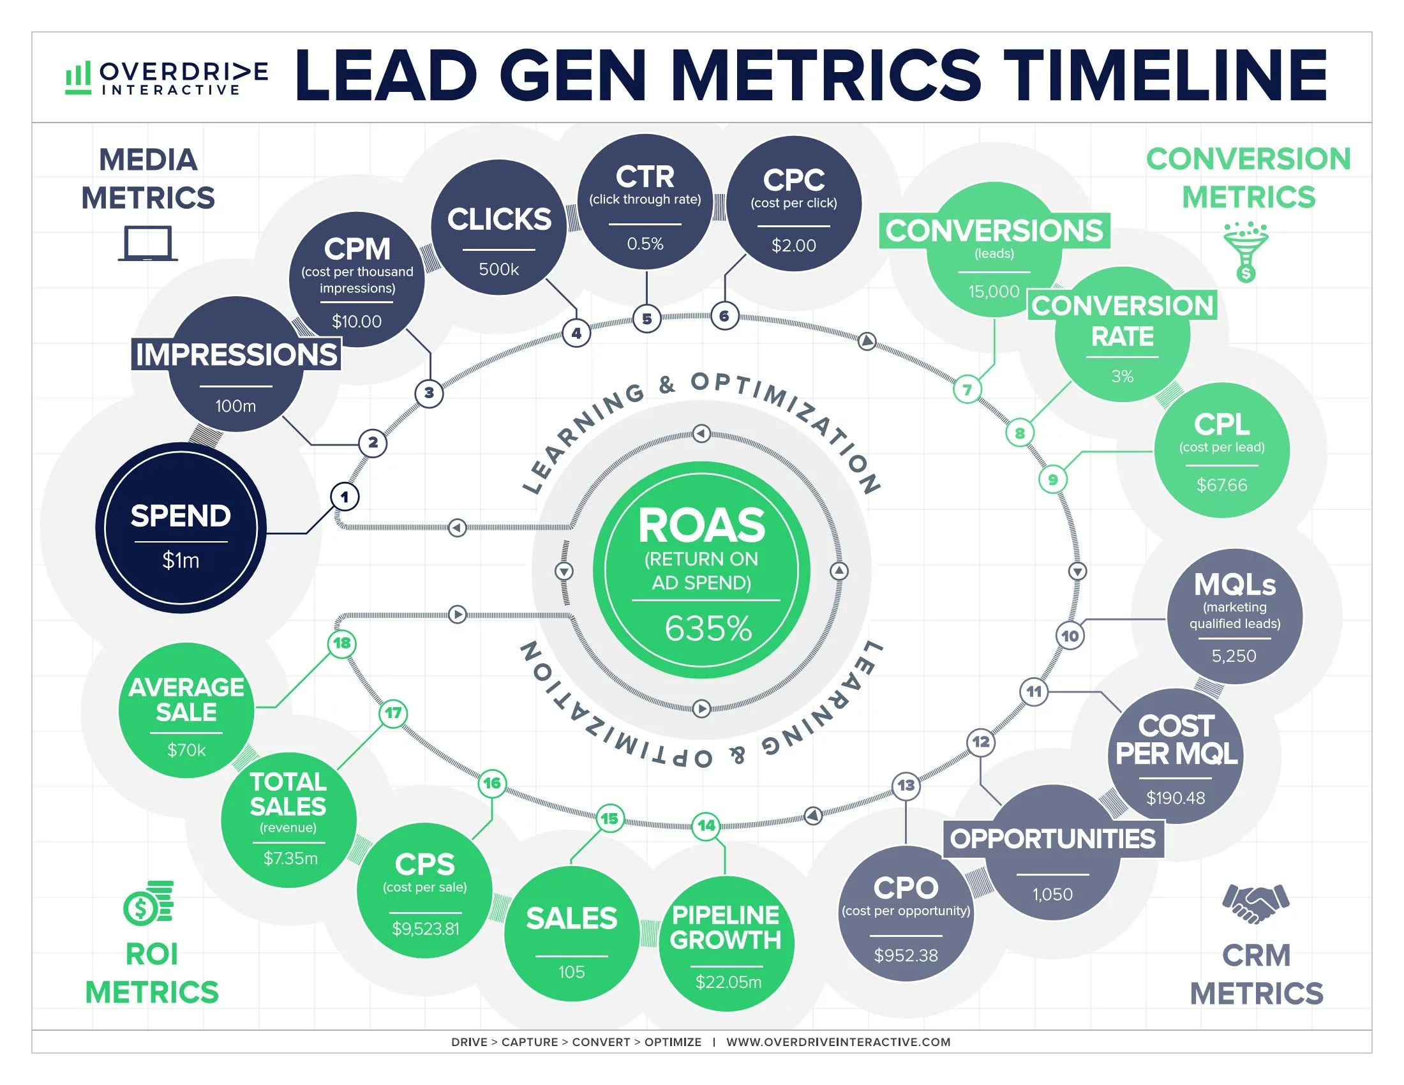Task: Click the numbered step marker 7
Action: point(967,389)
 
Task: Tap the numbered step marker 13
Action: point(906,785)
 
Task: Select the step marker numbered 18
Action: point(342,643)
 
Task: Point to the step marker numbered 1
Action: point(345,497)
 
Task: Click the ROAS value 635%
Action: point(708,629)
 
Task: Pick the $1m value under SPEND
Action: point(181,560)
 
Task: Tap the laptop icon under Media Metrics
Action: point(148,244)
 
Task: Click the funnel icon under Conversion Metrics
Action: point(1246,251)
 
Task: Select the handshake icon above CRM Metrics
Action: point(1255,904)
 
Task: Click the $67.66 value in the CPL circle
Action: point(1221,484)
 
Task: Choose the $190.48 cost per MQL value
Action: point(1176,798)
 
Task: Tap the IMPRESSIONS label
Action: point(236,354)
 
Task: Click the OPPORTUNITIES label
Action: point(1053,839)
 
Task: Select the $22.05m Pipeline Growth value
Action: point(728,982)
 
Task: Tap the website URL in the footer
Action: point(838,1042)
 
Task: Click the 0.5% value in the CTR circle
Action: point(645,244)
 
